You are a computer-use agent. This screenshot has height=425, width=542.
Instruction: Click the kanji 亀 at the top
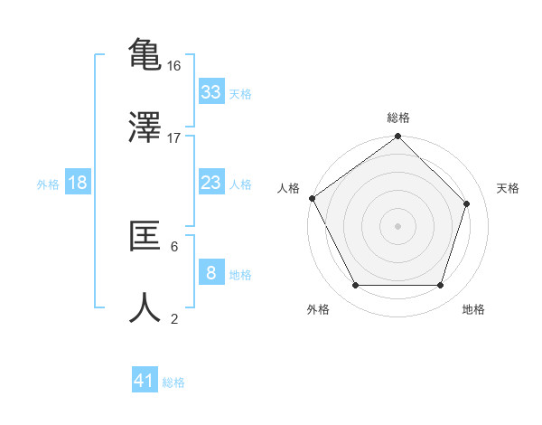tap(145, 54)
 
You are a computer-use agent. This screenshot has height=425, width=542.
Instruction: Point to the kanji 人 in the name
tap(145, 307)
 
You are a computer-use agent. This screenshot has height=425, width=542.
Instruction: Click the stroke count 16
tap(174, 66)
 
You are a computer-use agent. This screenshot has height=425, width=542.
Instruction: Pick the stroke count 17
tap(174, 138)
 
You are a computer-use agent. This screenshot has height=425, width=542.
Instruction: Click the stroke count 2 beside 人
tap(174, 318)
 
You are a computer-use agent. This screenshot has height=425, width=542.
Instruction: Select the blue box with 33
tap(211, 92)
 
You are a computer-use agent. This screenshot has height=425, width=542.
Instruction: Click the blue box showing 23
tap(211, 183)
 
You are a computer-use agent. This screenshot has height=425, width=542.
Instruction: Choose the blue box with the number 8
tap(211, 273)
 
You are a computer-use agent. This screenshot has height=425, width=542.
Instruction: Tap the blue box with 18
tap(78, 183)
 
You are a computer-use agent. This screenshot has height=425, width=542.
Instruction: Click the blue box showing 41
tap(145, 381)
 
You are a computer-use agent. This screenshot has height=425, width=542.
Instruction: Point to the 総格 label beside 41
tap(173, 382)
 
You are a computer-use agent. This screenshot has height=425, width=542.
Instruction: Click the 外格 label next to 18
tap(48, 184)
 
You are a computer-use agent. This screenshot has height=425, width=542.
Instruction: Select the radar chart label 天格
tap(509, 188)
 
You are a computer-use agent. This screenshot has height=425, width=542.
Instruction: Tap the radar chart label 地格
tap(473, 309)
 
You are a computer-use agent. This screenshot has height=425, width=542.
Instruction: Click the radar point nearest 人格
tap(312, 198)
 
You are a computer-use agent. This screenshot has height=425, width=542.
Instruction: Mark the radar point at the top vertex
tap(397, 137)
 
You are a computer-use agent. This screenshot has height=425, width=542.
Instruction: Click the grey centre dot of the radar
tap(397, 225)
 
